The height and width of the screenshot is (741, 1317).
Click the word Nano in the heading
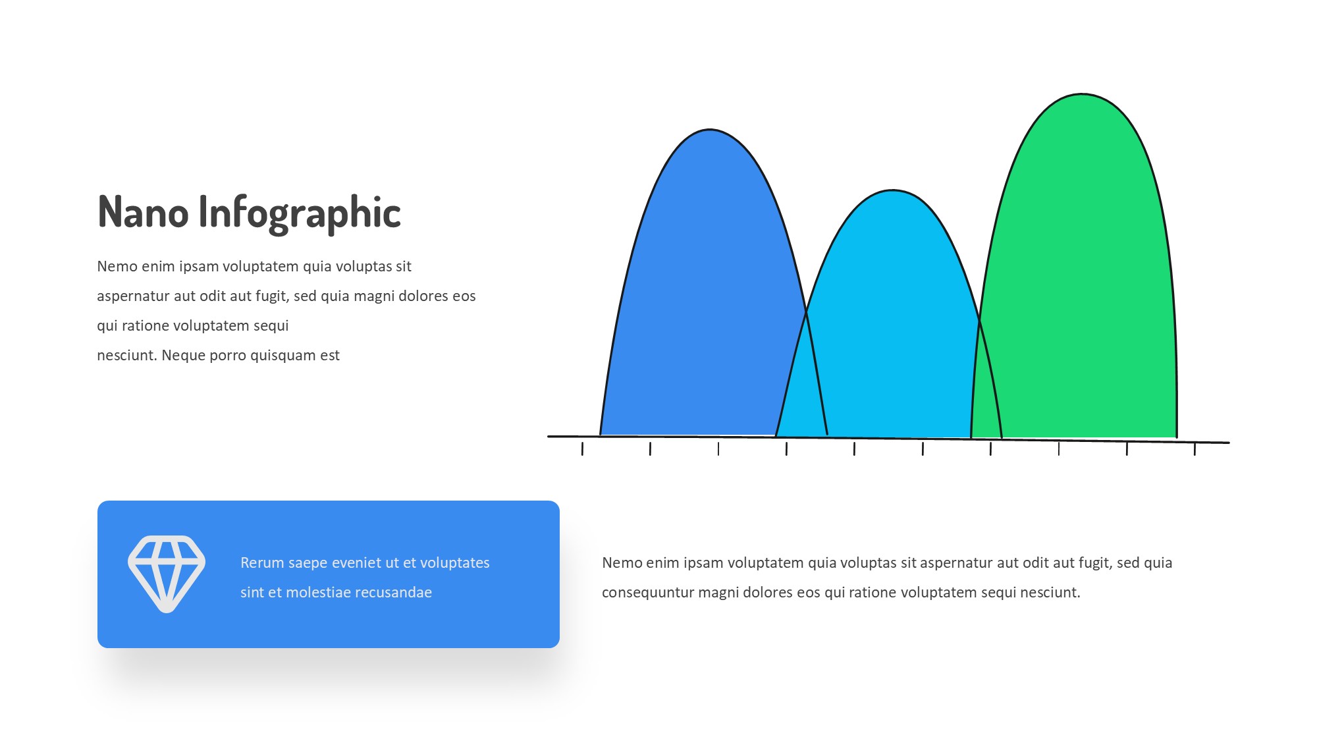pos(143,212)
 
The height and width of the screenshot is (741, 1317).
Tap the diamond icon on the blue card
pos(167,574)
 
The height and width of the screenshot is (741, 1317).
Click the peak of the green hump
pos(1083,95)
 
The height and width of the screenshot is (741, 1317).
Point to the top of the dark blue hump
pos(709,130)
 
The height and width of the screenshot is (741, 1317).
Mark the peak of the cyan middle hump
pos(892,191)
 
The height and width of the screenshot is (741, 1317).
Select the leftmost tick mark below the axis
pos(582,449)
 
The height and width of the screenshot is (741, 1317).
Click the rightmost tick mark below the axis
pos(1195,449)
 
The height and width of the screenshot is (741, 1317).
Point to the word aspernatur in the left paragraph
pos(133,296)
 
